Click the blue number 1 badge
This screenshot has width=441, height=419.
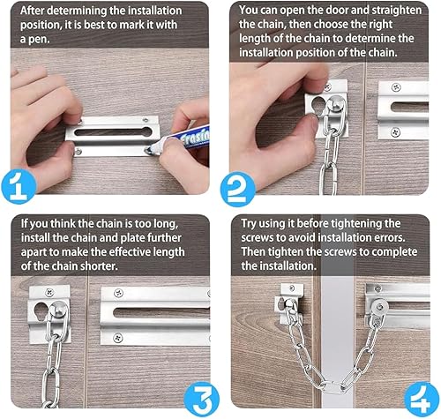(19, 187)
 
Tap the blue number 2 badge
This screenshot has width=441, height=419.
(238, 190)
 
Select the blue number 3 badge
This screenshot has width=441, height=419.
(202, 399)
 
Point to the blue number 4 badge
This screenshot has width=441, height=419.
(422, 399)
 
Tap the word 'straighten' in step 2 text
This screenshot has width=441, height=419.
(396, 11)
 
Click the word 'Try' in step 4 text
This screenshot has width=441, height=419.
(249, 224)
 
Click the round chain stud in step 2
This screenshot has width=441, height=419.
(336, 103)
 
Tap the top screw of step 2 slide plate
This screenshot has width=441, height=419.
(396, 87)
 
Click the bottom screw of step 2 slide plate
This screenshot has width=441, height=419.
(395, 132)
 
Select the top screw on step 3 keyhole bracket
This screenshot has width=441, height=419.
(49, 293)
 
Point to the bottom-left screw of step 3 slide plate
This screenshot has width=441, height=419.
(118, 338)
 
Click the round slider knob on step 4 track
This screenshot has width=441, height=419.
(379, 307)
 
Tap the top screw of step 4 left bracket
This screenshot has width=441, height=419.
(292, 288)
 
